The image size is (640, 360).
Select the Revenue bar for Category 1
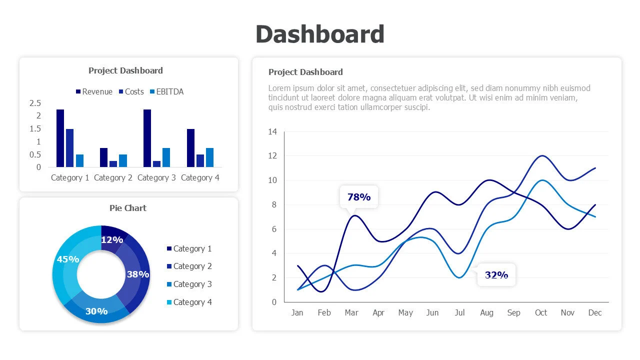pos(60,138)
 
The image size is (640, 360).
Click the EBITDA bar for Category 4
pos(209,157)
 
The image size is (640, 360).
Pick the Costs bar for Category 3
pos(156,164)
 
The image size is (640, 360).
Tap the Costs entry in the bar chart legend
pos(131,92)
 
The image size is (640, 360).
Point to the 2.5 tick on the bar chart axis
pos(35,103)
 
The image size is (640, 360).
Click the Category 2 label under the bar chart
pos(113,177)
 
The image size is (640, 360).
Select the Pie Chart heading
pos(128,208)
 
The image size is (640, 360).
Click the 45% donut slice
pos(67,259)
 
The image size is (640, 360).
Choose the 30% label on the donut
pos(96,311)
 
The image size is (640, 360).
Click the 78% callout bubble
pos(359,197)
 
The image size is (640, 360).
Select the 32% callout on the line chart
pos(496,274)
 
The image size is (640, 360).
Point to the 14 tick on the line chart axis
pos(272,132)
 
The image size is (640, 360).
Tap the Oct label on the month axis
pos(541,312)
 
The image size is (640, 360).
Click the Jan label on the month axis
pos(297,312)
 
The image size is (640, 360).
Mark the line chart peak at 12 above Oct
pos(541,156)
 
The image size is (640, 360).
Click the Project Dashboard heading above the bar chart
pos(125,70)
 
